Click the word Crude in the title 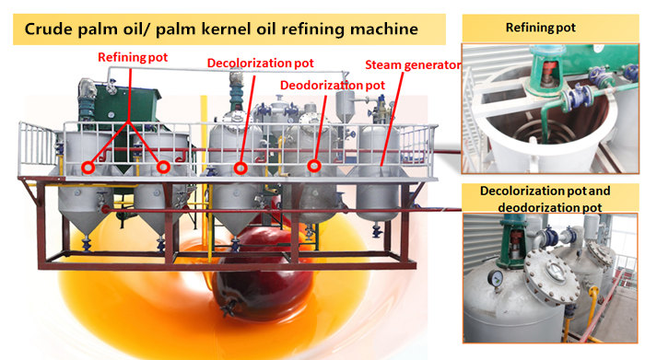point(48,28)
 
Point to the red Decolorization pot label point(259,64)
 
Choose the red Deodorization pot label point(332,85)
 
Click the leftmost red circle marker point(88,168)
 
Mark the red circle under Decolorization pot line point(240,168)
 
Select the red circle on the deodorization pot point(313,167)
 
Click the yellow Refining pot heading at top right point(541,28)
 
